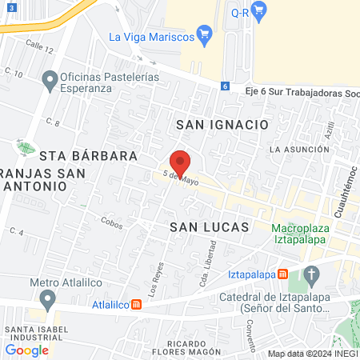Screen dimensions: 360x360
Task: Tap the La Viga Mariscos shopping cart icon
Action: [204, 35]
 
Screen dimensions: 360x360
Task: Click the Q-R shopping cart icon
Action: [258, 10]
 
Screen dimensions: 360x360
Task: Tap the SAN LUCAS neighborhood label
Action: [210, 227]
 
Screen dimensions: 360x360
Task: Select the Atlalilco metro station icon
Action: [136, 304]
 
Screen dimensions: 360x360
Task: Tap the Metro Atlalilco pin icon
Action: [48, 299]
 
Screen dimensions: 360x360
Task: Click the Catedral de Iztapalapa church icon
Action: [312, 276]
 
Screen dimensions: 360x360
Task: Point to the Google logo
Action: [26, 350]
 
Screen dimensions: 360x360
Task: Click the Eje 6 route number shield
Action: [225, 86]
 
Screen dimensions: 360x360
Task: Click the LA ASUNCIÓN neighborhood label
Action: [298, 149]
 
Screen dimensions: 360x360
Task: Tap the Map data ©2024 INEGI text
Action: [311, 354]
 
